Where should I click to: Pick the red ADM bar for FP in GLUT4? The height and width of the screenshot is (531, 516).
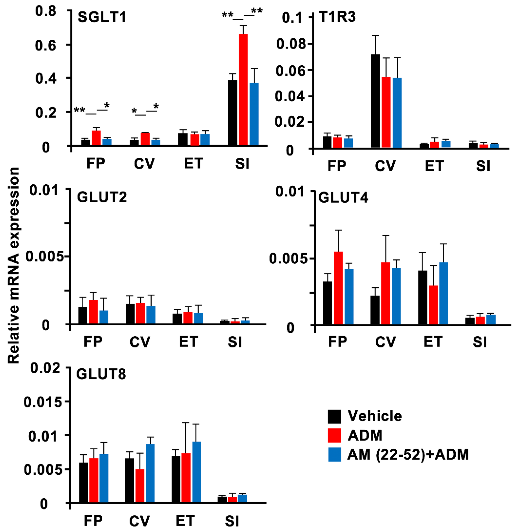tap(338, 288)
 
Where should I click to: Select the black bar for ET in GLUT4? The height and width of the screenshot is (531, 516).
tap(423, 297)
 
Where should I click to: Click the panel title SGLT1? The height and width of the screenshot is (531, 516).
tap(102, 18)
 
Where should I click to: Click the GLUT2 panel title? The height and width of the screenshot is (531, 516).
tap(102, 197)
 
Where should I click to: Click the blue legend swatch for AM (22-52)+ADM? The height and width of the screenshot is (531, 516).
tap(334, 455)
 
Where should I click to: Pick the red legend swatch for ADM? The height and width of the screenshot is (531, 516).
tap(334, 435)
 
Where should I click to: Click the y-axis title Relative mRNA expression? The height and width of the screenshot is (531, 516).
tap(13, 265)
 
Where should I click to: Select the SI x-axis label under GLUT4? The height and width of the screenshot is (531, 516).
tap(480, 342)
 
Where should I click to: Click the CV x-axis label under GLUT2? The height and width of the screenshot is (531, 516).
tap(140, 342)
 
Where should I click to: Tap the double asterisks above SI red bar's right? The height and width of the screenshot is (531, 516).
tap(257, 11)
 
